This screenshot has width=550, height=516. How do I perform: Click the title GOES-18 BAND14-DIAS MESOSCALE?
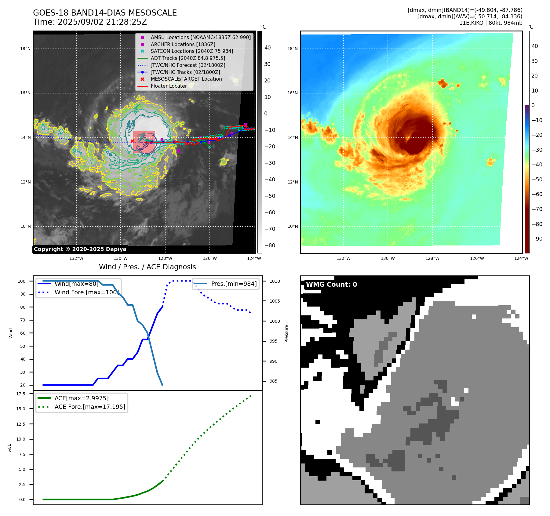105,13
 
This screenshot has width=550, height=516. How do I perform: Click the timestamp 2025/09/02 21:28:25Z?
102,22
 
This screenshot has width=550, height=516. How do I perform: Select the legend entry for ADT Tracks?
188,58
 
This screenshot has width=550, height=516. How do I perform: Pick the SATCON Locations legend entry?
192,51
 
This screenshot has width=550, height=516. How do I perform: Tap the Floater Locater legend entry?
169,86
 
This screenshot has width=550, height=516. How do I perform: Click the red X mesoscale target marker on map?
132,141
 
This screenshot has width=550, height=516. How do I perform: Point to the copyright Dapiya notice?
80,249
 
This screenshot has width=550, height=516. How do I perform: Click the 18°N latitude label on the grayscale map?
25,49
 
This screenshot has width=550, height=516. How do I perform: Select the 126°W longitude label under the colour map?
477,258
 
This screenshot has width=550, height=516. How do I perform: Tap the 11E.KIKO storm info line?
490,23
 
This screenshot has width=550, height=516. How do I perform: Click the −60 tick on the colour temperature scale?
537,194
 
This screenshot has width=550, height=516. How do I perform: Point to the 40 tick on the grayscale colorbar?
268,48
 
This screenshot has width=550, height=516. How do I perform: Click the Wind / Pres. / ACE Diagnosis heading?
147,267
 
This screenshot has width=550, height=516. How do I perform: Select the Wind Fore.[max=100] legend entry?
86,292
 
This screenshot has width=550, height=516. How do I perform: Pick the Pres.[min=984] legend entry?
234,284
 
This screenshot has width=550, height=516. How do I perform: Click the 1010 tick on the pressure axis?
275,281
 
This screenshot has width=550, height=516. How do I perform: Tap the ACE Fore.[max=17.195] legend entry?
90,407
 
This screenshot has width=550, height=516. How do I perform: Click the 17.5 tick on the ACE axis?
21,394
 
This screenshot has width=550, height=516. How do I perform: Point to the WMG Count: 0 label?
331,285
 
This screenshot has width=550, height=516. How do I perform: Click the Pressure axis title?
286,333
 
